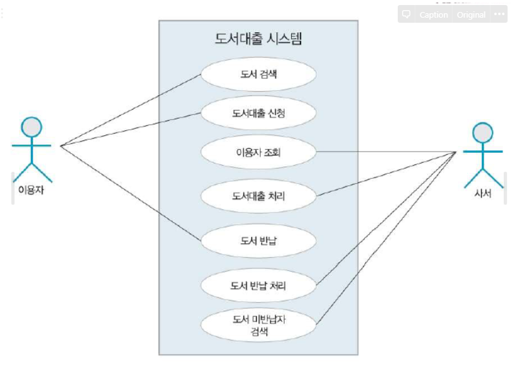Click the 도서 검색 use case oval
[258, 75]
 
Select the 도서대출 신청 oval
[258, 114]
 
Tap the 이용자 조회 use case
[258, 152]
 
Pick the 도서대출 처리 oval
[258, 196]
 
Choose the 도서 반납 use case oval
[258, 241]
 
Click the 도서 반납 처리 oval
[258, 286]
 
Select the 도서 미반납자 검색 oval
[258, 325]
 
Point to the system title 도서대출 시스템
[258, 39]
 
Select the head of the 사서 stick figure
[482, 133]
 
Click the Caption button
[433, 15]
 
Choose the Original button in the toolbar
[471, 15]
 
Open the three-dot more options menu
[499, 15]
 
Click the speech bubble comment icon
[407, 15]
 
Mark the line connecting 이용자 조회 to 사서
[385, 152]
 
